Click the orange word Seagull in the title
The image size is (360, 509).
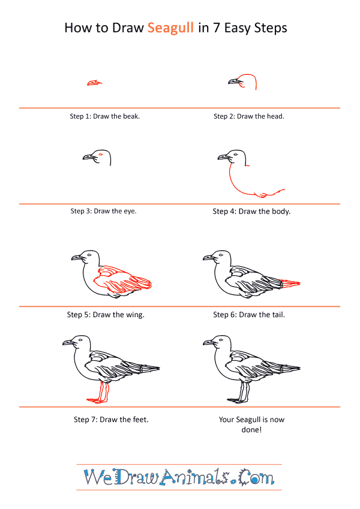pyautogui.click(x=170, y=29)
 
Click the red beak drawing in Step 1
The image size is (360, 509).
pyautogui.click(x=95, y=83)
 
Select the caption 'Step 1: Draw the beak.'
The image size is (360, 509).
pyautogui.click(x=104, y=116)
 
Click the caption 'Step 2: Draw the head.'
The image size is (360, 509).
pyautogui.click(x=249, y=116)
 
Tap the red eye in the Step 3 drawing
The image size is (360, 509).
pyautogui.click(x=101, y=154)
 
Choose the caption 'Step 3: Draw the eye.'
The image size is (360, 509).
pyautogui.click(x=103, y=211)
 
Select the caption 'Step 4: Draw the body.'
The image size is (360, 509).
pyautogui.click(x=251, y=211)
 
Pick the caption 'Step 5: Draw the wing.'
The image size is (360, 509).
pyautogui.click(x=106, y=315)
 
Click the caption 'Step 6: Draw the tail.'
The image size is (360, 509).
pyautogui.click(x=249, y=315)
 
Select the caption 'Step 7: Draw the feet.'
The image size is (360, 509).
pyautogui.click(x=111, y=420)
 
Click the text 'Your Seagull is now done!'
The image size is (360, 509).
pyautogui.click(x=251, y=424)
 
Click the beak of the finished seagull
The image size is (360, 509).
pyautogui.click(x=209, y=343)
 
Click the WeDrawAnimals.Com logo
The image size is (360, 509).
pyautogui.click(x=179, y=477)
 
